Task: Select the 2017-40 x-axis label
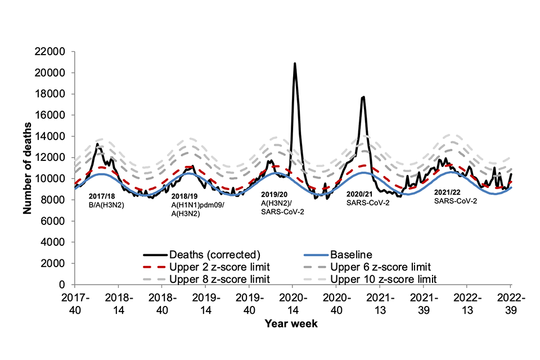[74, 301]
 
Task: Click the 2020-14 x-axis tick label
[292, 301]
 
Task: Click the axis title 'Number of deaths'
[27, 168]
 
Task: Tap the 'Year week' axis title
[292, 324]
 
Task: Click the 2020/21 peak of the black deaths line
[364, 97]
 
